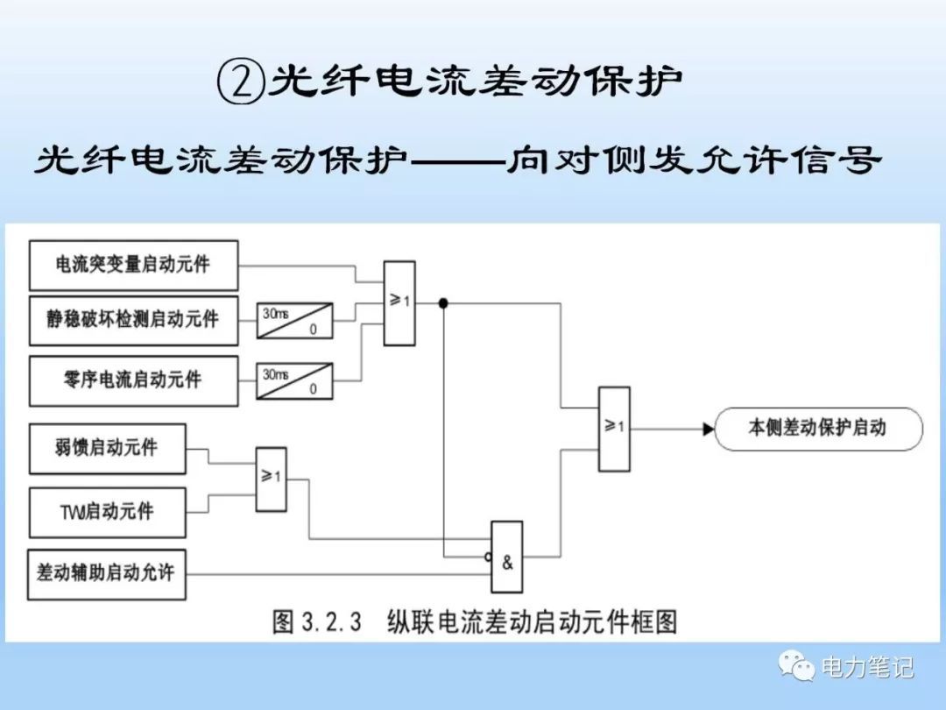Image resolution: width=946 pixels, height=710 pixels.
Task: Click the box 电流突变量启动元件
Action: point(133,265)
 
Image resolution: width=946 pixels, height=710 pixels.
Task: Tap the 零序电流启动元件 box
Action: point(133,380)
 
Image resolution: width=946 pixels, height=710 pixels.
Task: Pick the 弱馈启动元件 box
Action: point(107,448)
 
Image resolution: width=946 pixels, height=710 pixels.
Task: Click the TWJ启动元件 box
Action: point(107,512)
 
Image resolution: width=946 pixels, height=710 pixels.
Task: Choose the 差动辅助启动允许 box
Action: point(107,574)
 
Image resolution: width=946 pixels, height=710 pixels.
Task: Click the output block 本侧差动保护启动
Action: point(818,429)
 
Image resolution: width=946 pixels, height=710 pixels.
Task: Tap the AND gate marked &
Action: point(506,557)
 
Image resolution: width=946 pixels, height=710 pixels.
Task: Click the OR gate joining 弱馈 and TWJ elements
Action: point(271,479)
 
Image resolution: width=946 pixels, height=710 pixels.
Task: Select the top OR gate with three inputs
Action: point(399,302)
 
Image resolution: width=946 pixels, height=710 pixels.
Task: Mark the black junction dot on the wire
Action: point(443,303)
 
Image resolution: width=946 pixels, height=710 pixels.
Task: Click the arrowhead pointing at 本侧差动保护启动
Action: point(708,429)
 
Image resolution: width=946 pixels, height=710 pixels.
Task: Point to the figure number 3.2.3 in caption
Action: point(332,622)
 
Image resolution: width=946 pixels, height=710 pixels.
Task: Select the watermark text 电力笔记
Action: point(867,668)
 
